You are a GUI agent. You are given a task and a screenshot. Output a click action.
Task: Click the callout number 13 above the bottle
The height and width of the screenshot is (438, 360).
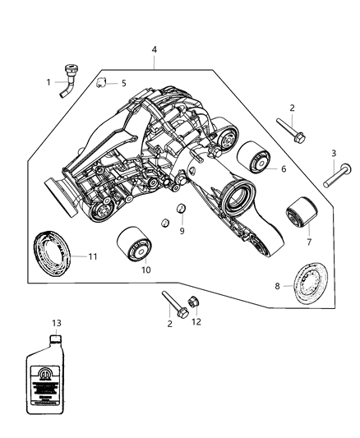point(55,324)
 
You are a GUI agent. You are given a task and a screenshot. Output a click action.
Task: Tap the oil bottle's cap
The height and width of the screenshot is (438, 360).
point(55,339)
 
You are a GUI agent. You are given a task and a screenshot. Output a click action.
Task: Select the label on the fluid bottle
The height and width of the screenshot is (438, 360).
point(55,380)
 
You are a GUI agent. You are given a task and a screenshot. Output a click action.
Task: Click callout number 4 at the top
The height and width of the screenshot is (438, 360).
point(154,51)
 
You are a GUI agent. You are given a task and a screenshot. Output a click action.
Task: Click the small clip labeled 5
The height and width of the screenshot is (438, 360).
point(102,81)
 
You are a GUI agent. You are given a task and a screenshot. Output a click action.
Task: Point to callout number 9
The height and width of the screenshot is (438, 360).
point(182,231)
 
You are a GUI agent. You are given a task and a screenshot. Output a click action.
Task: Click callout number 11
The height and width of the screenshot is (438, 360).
point(92,257)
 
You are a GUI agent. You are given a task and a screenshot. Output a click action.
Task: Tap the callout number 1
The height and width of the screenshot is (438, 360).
point(48,82)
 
